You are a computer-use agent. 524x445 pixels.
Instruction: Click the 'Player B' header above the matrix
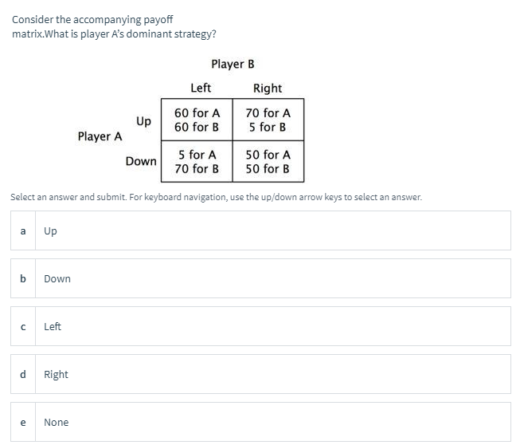(233, 64)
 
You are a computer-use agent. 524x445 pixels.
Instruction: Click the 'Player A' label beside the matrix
(100, 136)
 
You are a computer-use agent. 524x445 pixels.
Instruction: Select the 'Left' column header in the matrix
(201, 88)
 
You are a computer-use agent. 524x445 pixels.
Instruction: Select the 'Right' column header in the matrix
(268, 88)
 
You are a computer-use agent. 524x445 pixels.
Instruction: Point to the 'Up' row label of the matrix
(143, 121)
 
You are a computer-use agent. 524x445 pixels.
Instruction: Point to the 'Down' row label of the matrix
(141, 161)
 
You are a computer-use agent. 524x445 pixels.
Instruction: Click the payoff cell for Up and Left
(197, 120)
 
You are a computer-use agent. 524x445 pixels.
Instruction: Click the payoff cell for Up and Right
(268, 120)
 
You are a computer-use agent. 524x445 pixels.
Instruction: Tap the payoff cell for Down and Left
(197, 161)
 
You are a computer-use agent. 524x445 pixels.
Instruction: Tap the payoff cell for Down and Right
(268, 161)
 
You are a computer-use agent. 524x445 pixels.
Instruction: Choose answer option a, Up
(261, 231)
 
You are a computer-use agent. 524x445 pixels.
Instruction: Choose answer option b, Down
(261, 279)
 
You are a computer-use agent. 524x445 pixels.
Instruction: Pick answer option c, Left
(261, 327)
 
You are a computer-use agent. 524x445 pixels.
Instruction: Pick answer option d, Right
(261, 375)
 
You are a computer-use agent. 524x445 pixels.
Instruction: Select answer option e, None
(261, 423)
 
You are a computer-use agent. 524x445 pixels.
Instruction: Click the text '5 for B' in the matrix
(268, 128)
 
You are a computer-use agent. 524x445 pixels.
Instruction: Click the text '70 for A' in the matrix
(268, 113)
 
